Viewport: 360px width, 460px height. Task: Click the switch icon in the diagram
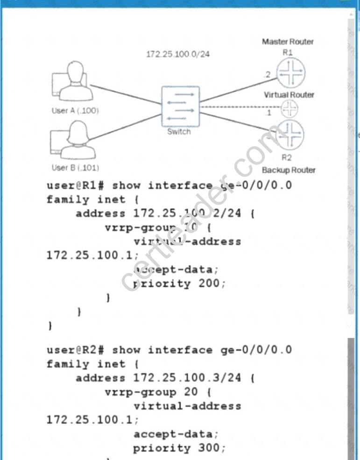[x=179, y=106]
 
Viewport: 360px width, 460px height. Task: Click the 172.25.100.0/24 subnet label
[x=178, y=54]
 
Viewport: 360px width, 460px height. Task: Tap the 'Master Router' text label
[x=288, y=42]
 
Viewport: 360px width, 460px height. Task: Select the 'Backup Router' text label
[x=289, y=170]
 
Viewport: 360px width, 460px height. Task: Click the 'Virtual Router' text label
[x=289, y=95]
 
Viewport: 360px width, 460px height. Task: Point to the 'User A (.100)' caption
[x=75, y=111]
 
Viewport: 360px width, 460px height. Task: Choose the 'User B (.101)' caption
[x=75, y=167]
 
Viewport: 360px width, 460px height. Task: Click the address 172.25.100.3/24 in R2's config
[x=187, y=378]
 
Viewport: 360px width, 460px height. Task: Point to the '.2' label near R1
[x=267, y=74]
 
